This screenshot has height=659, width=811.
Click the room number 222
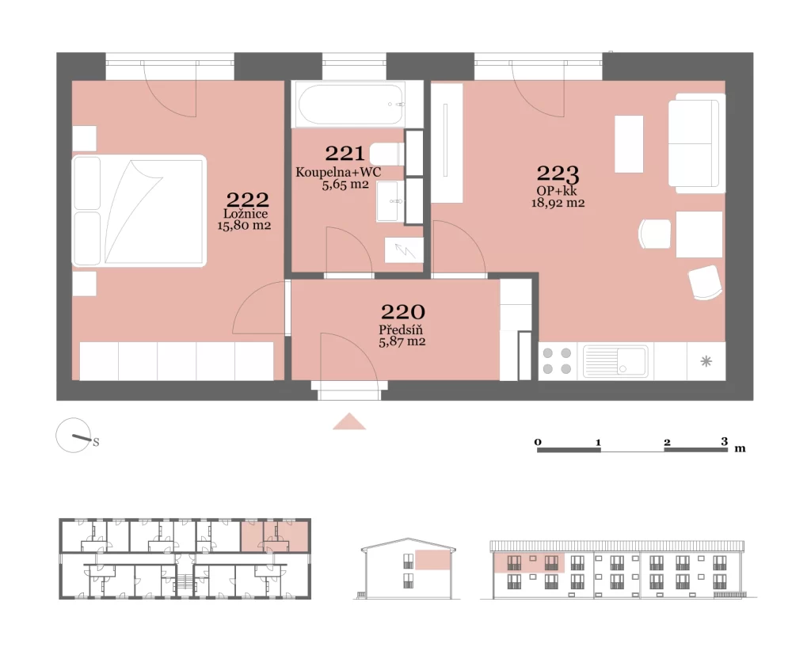pyautogui.click(x=248, y=200)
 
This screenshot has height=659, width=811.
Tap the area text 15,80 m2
pyautogui.click(x=244, y=226)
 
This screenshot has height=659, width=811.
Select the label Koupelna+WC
pyautogui.click(x=338, y=172)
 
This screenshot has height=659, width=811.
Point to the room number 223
pyautogui.click(x=558, y=173)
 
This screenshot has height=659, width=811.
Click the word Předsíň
pyautogui.click(x=401, y=329)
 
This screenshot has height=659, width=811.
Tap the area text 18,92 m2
pyautogui.click(x=558, y=203)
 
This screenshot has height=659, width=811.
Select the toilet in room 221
pyautogui.click(x=386, y=154)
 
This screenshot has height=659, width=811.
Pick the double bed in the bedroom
pyautogui.click(x=139, y=211)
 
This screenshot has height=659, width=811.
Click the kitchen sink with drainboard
pyautogui.click(x=615, y=361)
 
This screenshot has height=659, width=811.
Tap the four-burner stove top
pyautogui.click(x=557, y=361)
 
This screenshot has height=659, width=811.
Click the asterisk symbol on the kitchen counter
pyautogui.click(x=706, y=361)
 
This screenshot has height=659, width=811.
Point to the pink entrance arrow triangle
pyautogui.click(x=349, y=421)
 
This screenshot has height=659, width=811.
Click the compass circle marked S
pyautogui.click(x=74, y=436)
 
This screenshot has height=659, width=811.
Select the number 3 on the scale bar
pyautogui.click(x=724, y=441)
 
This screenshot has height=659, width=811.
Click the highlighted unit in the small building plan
pyautogui.click(x=275, y=536)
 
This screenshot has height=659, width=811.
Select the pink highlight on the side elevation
pyautogui.click(x=432, y=561)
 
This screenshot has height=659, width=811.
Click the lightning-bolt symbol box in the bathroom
pyautogui.click(x=404, y=250)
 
